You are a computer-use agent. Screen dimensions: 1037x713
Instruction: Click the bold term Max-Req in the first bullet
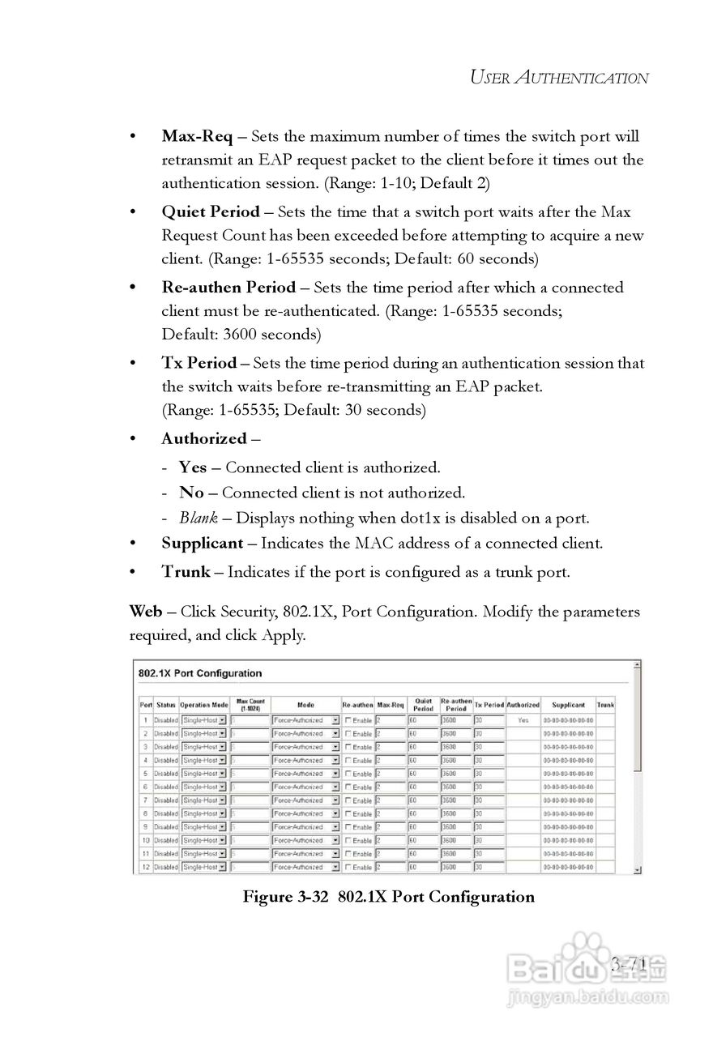[197, 136]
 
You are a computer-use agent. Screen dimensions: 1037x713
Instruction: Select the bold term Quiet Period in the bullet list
[211, 212]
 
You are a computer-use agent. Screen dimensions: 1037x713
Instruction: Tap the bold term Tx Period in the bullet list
[199, 363]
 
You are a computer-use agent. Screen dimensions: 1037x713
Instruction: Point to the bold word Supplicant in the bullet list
[203, 544]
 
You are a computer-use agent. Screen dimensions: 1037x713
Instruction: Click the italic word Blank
[199, 518]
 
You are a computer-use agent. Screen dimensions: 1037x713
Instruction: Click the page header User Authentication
[559, 78]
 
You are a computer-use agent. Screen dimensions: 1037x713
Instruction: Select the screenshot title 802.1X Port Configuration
[201, 673]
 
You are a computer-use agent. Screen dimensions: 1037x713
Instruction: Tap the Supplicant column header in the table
[568, 705]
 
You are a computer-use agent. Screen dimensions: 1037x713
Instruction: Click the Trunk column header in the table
[605, 705]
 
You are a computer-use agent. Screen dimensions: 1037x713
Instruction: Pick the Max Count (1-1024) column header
[250, 704]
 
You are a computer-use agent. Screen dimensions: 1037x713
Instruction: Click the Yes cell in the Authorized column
[523, 719]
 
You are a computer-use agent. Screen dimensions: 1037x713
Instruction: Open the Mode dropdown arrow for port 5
[335, 774]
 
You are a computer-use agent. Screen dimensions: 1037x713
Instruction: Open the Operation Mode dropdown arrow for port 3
[222, 747]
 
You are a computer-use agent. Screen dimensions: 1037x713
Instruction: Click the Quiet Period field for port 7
[422, 800]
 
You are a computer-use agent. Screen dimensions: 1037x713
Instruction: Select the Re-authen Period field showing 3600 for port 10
[455, 841]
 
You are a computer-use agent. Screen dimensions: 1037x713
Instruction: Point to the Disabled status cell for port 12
[166, 868]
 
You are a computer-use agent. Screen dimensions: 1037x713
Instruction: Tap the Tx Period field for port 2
[489, 733]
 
